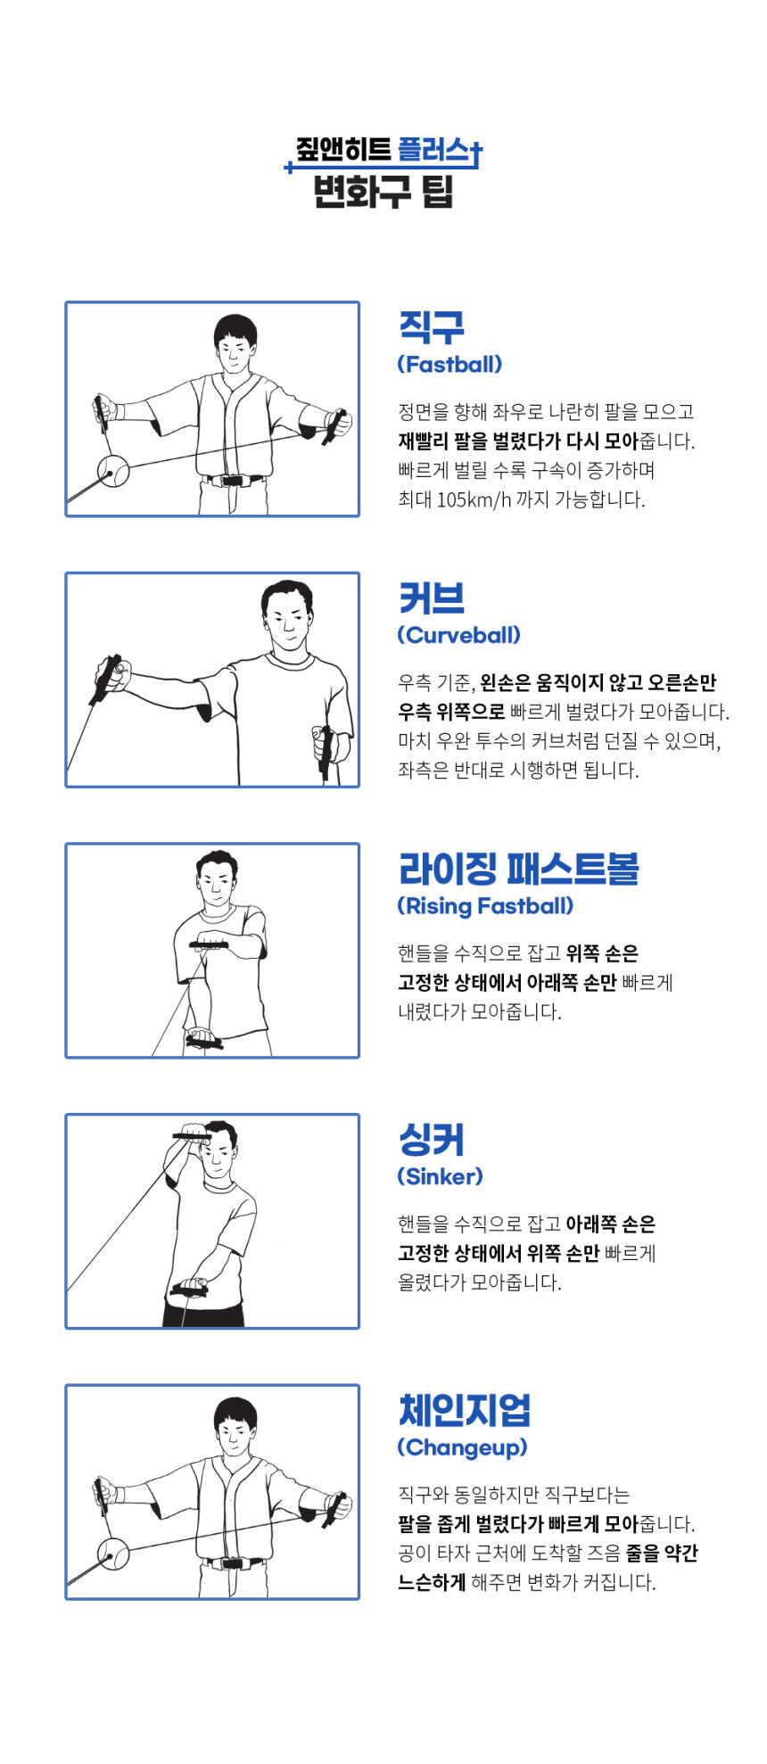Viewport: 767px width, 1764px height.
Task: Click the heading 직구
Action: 432,327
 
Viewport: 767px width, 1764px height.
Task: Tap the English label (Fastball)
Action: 449,364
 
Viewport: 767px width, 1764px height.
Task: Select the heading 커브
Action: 432,598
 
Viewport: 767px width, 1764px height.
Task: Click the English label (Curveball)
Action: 458,635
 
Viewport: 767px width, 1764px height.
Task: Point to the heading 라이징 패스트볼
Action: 519,869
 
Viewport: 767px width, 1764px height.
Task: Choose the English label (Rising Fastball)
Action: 485,906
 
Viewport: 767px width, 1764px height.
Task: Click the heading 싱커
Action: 432,1140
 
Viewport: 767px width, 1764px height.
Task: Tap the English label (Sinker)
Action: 440,1176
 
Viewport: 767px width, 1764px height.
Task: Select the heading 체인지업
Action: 465,1410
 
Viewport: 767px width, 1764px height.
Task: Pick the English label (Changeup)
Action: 462,1447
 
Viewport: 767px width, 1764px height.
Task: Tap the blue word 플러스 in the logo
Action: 433,150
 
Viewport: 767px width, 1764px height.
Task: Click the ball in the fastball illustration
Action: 113,470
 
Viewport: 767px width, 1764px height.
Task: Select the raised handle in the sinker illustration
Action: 192,1135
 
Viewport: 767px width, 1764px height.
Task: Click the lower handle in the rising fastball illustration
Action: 204,1040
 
